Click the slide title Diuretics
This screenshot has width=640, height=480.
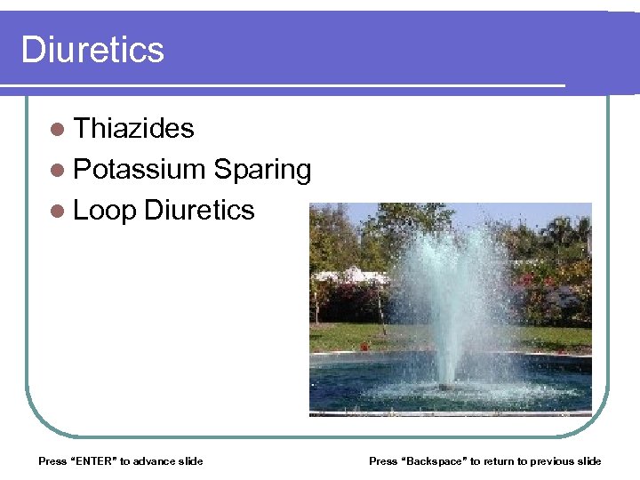(x=92, y=50)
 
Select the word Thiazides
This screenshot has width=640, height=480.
(x=133, y=128)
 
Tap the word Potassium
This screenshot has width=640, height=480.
(x=140, y=169)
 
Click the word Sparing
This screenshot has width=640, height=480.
(x=262, y=169)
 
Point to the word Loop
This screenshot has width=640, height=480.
(x=104, y=210)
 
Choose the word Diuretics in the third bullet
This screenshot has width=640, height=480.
(x=198, y=210)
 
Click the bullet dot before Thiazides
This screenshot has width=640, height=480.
(x=58, y=130)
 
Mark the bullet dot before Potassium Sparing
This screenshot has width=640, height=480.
(x=58, y=171)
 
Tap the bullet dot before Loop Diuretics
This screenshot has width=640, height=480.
(x=58, y=212)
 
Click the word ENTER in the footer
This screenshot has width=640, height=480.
(x=92, y=460)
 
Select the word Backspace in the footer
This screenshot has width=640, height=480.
(x=435, y=460)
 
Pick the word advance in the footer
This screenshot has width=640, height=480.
(x=154, y=460)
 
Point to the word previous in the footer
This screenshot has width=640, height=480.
(x=552, y=460)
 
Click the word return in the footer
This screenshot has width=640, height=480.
(x=498, y=460)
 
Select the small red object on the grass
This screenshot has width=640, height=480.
(x=364, y=347)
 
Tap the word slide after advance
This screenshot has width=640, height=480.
(x=190, y=460)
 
